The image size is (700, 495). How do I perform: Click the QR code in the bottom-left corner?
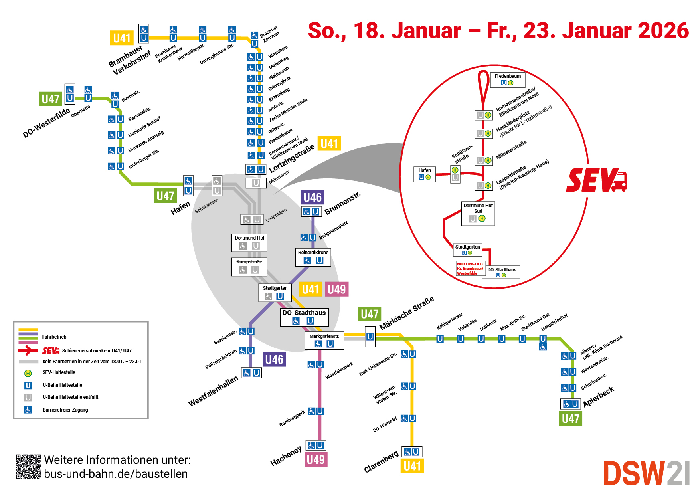(x=28, y=466)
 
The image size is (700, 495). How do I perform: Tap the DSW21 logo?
(x=646, y=473)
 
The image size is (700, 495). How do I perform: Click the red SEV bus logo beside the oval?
(x=596, y=180)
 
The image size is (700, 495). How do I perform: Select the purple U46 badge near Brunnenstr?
(x=312, y=197)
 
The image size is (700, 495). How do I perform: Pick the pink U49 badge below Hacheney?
(x=316, y=459)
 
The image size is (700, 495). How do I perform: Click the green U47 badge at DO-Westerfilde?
(x=51, y=99)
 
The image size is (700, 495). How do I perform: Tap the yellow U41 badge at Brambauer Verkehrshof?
(x=122, y=38)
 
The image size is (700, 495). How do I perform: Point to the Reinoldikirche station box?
(x=313, y=257)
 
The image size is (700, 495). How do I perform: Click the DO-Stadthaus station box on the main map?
(x=304, y=317)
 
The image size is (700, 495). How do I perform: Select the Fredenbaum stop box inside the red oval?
(x=508, y=79)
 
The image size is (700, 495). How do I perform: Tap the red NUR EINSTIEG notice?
(x=470, y=269)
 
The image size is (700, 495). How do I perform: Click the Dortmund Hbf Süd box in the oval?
(x=478, y=213)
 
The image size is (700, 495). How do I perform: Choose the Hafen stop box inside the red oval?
(x=425, y=174)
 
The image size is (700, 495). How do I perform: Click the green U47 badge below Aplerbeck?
(x=570, y=418)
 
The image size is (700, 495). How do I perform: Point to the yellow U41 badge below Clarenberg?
(x=412, y=466)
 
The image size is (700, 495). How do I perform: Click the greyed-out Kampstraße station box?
(x=249, y=267)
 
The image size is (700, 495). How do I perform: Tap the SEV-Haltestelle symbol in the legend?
(x=28, y=373)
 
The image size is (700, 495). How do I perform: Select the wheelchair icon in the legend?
(x=28, y=410)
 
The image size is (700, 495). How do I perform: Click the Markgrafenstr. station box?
(x=324, y=341)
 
